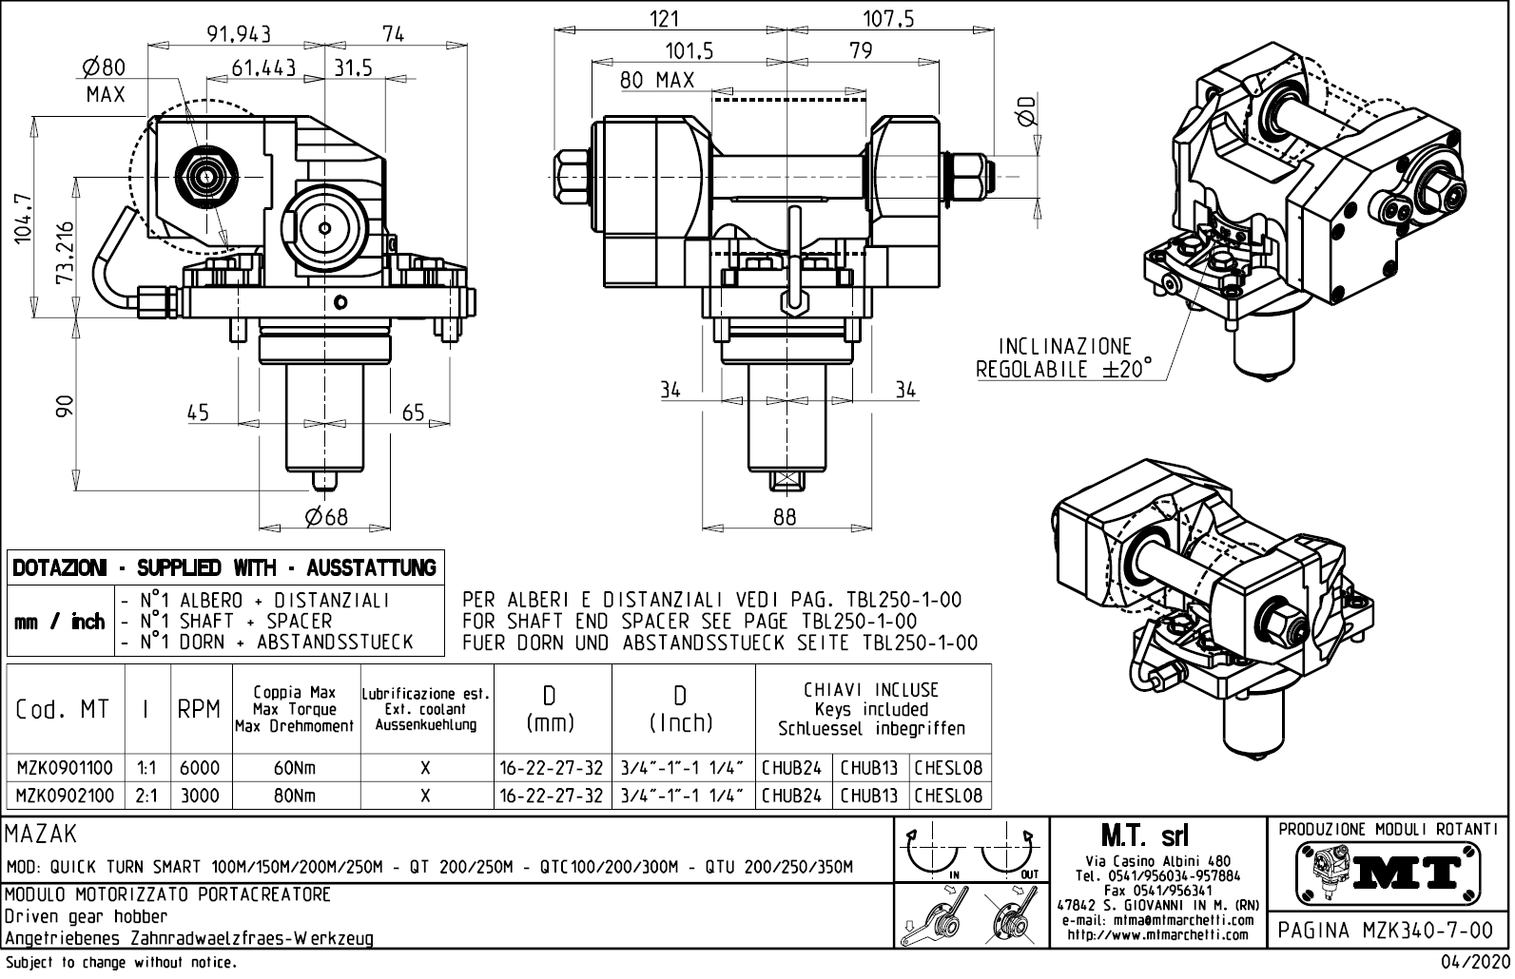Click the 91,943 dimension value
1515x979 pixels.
(x=239, y=33)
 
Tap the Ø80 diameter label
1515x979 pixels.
(x=104, y=67)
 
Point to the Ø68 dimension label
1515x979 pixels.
(x=326, y=516)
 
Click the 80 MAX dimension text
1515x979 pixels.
(x=657, y=80)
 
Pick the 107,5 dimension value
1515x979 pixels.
(x=888, y=19)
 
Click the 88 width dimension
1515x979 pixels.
(x=785, y=516)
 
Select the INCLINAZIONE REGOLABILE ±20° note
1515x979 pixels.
(x=1063, y=357)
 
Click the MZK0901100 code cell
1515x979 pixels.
(x=65, y=768)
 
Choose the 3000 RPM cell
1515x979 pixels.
(x=200, y=796)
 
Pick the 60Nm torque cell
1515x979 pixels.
(x=295, y=768)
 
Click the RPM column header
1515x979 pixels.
(x=199, y=710)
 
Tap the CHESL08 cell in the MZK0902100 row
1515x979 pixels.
(x=948, y=796)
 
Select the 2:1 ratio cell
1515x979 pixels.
(x=147, y=796)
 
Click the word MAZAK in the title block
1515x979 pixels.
(x=41, y=835)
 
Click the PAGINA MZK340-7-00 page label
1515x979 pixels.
(x=1388, y=931)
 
